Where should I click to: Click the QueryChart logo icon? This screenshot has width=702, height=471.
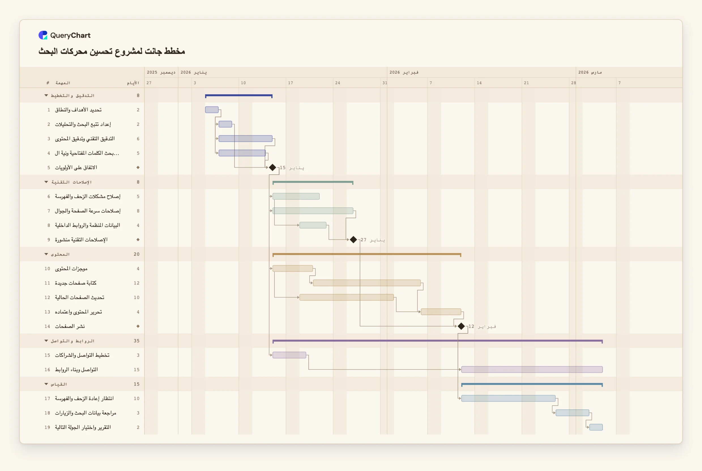[43, 35]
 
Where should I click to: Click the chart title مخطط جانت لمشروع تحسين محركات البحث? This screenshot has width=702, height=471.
[112, 51]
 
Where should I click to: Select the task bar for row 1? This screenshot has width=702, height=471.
[212, 110]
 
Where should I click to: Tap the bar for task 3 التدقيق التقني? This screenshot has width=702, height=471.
[246, 138]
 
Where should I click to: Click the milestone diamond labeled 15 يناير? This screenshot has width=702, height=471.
[273, 167]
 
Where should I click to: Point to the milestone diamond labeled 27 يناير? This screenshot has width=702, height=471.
[353, 239]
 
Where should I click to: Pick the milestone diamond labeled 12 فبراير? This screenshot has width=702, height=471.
[461, 326]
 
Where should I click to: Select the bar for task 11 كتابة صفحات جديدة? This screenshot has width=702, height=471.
[367, 283]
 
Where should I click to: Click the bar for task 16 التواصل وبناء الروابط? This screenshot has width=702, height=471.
[532, 369]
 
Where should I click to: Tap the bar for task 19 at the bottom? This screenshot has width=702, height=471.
[596, 427]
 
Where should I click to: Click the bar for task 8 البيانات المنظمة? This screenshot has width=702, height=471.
[313, 225]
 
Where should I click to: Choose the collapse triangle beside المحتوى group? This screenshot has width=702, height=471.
[46, 254]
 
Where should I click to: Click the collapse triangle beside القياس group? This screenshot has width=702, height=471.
[46, 384]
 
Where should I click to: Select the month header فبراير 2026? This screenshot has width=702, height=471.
[404, 72]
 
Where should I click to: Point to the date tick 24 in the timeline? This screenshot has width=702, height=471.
[338, 83]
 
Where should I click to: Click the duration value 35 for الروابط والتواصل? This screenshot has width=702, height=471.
[137, 341]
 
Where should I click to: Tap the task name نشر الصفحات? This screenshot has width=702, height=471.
[70, 326]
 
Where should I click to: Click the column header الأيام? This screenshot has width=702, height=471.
[133, 83]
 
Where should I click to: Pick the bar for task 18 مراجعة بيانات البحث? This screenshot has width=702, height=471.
[572, 412]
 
